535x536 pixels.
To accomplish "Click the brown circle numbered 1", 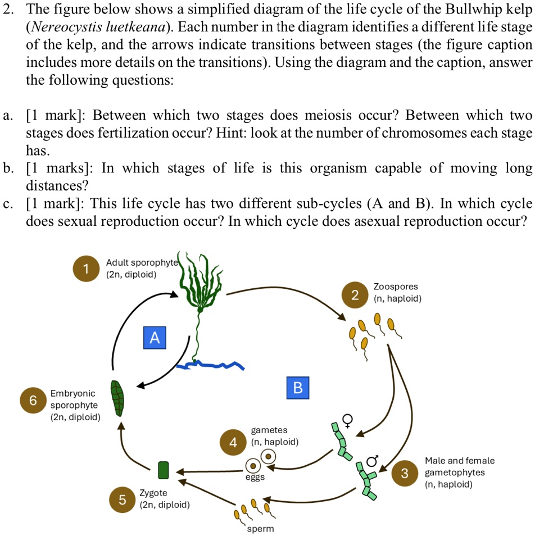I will click(x=85, y=269).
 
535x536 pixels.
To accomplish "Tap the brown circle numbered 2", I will click(x=355, y=296).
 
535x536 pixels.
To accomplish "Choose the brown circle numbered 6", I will click(x=33, y=400).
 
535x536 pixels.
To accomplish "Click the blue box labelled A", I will click(x=155, y=337).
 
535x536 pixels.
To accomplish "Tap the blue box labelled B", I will click(x=298, y=387).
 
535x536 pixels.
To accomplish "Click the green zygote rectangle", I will click(x=164, y=470).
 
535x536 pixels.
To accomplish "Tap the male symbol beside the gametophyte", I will click(x=371, y=462).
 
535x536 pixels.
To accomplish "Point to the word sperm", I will click(x=260, y=529).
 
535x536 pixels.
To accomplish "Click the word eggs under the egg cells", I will click(x=255, y=478).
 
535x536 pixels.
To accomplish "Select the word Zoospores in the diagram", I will click(x=396, y=287).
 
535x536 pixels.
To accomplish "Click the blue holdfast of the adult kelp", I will click(x=211, y=366).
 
